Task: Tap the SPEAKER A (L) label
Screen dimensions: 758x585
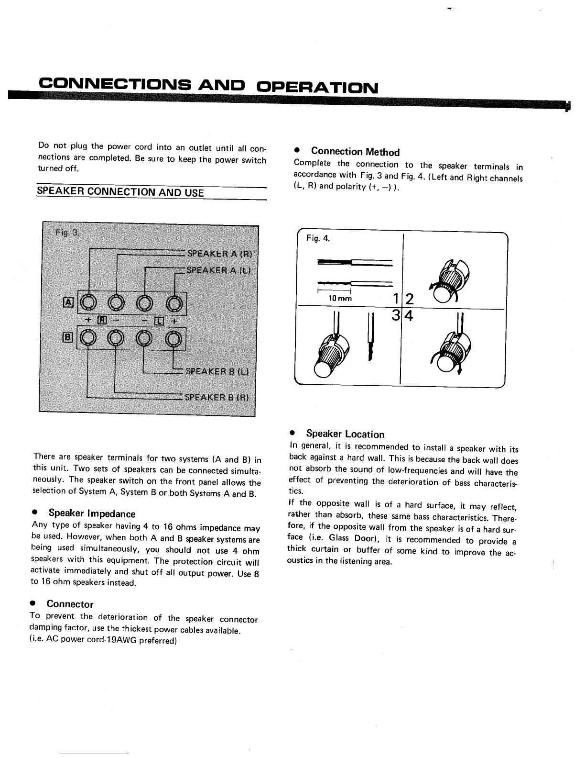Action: [218, 270]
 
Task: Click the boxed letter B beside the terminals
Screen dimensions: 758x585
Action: [68, 337]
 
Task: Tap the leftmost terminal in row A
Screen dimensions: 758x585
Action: [88, 302]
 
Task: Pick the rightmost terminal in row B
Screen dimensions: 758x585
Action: [174, 338]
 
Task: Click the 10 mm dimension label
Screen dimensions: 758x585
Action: [340, 299]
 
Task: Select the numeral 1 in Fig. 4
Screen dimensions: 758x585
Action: [395, 300]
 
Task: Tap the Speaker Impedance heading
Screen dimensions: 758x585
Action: [92, 513]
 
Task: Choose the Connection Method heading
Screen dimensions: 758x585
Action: [355, 152]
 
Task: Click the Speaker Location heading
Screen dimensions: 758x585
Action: [345, 434]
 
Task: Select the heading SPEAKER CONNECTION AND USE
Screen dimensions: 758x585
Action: [120, 192]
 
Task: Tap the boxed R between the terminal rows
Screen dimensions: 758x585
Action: [102, 320]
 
